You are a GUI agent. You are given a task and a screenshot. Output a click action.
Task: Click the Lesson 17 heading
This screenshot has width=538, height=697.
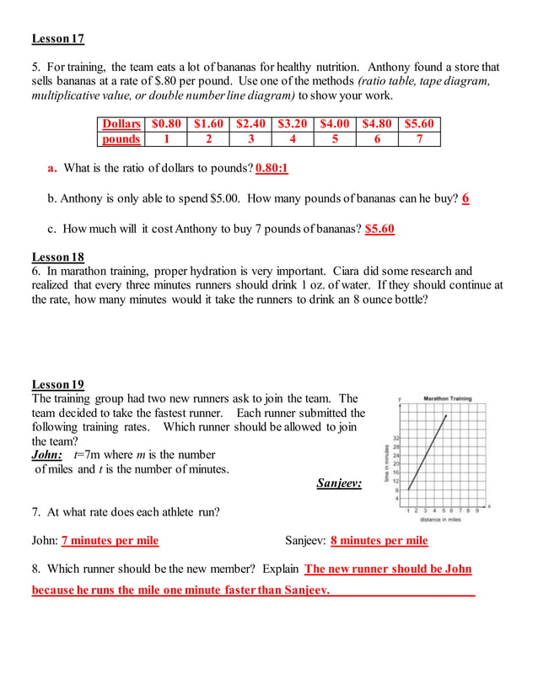[x=57, y=39]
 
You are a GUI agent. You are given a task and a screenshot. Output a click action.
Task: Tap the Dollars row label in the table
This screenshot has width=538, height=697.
[x=121, y=124]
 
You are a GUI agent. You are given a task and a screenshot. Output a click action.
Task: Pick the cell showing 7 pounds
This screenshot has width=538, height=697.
[x=419, y=139]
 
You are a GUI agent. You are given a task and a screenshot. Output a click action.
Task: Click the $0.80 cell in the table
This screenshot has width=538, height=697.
[x=166, y=124]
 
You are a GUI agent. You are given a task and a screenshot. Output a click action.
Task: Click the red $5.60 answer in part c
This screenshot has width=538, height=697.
[x=379, y=229]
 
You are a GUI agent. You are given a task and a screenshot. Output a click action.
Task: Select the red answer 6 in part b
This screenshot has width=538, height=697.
[x=465, y=199]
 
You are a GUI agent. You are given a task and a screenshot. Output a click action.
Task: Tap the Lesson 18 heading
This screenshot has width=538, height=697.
[x=57, y=257]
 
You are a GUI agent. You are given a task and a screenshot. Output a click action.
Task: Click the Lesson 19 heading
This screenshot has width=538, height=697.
[x=57, y=385]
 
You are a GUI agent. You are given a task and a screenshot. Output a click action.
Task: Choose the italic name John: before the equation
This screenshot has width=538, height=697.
[x=47, y=455]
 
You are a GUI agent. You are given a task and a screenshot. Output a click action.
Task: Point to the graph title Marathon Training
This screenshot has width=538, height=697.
[x=447, y=398]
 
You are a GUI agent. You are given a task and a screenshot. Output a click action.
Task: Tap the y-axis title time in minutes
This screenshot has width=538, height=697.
[x=388, y=463]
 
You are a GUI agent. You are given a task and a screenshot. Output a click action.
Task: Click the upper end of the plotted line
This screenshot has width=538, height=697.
[x=446, y=415]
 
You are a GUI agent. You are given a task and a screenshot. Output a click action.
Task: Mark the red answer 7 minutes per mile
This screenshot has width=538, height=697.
[x=110, y=541]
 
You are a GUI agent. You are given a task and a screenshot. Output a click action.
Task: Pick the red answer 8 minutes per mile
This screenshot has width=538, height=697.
[x=379, y=541]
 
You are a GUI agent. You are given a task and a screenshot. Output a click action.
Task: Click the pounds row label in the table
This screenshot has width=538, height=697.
[x=121, y=139]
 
